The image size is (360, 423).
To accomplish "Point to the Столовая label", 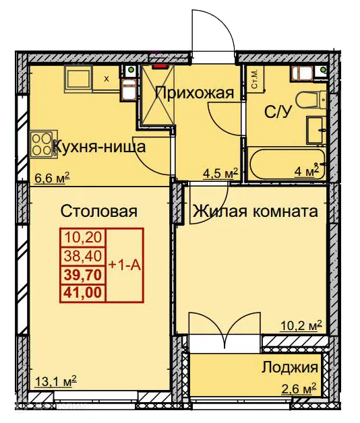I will click(99, 211).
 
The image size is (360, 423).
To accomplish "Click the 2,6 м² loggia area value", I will click(297, 389).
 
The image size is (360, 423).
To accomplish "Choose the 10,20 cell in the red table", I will click(83, 237).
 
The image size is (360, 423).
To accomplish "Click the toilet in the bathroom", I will click(313, 102).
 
